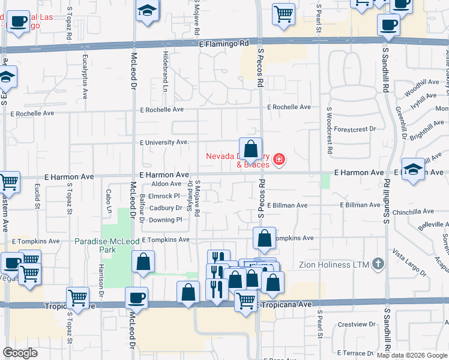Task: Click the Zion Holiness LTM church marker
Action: (x=378, y=263)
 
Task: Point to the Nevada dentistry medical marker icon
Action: (x=279, y=159)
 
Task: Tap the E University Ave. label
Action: (x=164, y=143)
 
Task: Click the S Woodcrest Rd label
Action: (x=329, y=131)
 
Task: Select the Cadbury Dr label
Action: (x=166, y=208)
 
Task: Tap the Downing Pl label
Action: (x=165, y=220)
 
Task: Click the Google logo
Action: (x=20, y=353)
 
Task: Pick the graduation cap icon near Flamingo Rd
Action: (x=146, y=11)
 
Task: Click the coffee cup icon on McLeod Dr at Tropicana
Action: (x=136, y=298)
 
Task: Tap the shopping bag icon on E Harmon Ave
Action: (x=250, y=148)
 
